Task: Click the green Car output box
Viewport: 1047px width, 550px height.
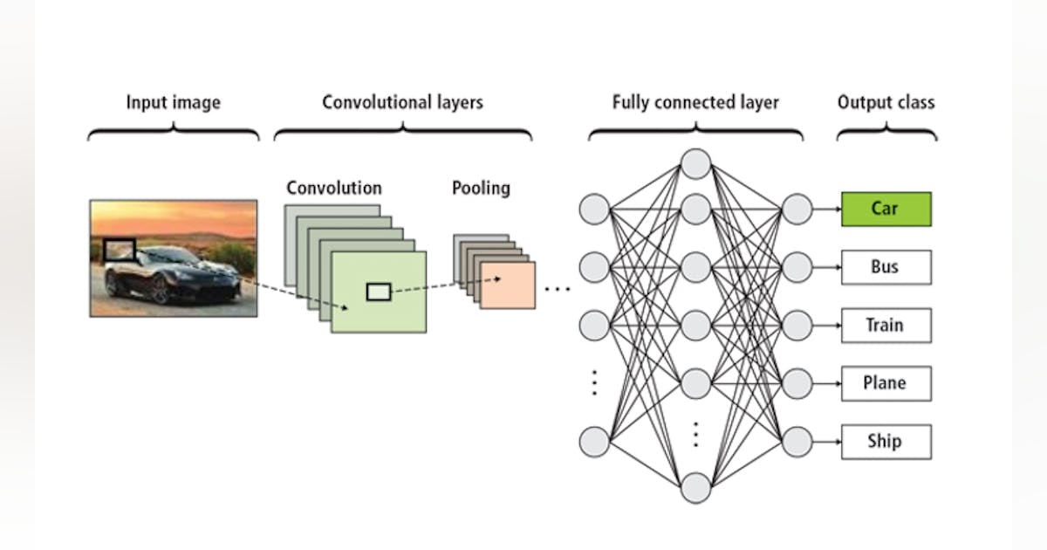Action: tap(886, 210)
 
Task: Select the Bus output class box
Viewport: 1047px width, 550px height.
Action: tap(886, 267)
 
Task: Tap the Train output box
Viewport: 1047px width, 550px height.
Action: tap(886, 326)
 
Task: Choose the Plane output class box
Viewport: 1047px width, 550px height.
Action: tap(886, 383)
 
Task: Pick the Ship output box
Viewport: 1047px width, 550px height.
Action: tap(886, 442)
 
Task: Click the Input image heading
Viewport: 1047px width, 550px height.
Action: tap(173, 102)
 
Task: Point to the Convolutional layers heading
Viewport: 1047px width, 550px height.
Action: tap(402, 102)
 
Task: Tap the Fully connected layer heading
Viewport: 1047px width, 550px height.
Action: tap(695, 102)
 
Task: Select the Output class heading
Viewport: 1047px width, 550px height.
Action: tap(886, 102)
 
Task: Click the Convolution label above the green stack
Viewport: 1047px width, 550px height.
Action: tap(333, 188)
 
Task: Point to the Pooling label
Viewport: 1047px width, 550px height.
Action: tap(481, 188)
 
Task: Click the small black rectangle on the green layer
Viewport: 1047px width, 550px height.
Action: tap(378, 292)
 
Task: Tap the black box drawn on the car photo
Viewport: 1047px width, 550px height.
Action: tap(120, 251)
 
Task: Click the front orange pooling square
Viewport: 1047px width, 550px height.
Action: tap(507, 285)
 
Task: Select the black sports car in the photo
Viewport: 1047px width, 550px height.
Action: tap(170, 275)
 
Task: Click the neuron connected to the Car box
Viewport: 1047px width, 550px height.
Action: tap(797, 210)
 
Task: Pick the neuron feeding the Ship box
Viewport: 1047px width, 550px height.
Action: tap(797, 442)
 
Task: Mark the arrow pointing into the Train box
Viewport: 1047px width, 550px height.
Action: tap(826, 326)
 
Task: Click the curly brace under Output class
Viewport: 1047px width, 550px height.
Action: tap(886, 133)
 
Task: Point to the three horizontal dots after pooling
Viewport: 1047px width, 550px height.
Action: tap(557, 288)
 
